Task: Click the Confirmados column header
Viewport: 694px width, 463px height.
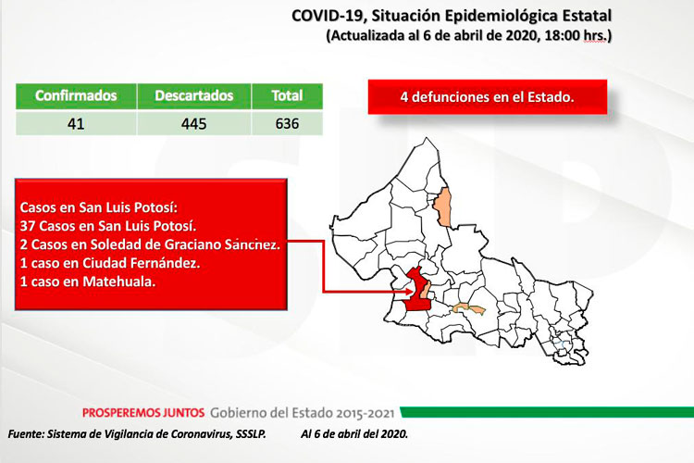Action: tap(76, 95)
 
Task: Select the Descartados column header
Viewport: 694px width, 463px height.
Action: tap(194, 95)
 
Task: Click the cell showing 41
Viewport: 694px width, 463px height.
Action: tap(76, 123)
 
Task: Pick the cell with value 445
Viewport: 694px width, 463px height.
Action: tap(194, 123)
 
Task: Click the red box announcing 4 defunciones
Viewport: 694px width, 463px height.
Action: tap(487, 96)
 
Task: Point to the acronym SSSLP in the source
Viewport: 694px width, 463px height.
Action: tap(239, 433)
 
